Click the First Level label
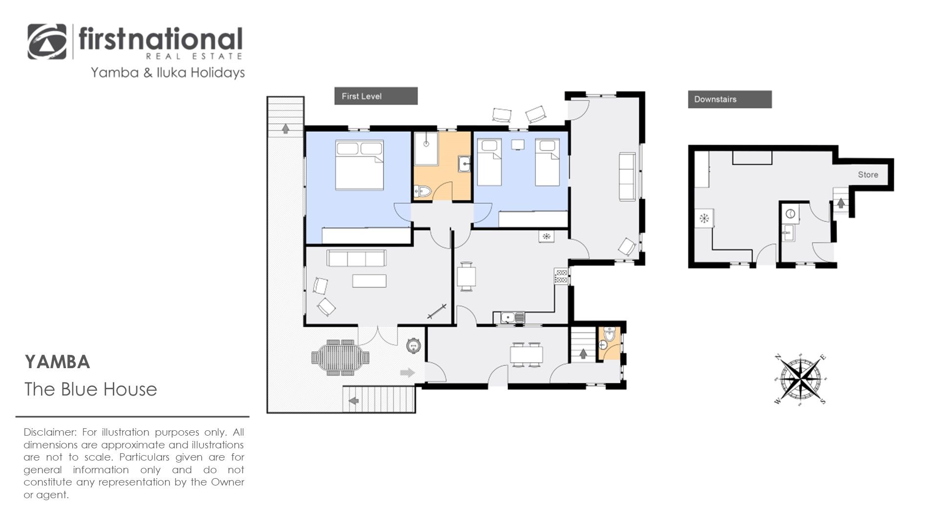tap(362, 96)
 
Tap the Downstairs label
tap(715, 99)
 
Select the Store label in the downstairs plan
tap(868, 175)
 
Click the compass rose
tap(800, 378)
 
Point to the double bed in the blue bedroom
tap(359, 165)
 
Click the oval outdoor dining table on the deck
tap(340, 358)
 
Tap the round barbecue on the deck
tap(414, 346)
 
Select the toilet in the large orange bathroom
tap(423, 192)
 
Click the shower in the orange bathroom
tap(426, 149)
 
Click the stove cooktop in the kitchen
tap(561, 276)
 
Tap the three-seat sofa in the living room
tap(356, 258)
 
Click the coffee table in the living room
tap(369, 281)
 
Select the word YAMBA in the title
tap(57, 362)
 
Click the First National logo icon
tap(47, 42)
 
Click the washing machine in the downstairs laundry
tap(790, 214)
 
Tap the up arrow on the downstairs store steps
tap(840, 202)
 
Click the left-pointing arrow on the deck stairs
tap(354, 401)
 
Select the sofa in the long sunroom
tap(627, 176)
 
